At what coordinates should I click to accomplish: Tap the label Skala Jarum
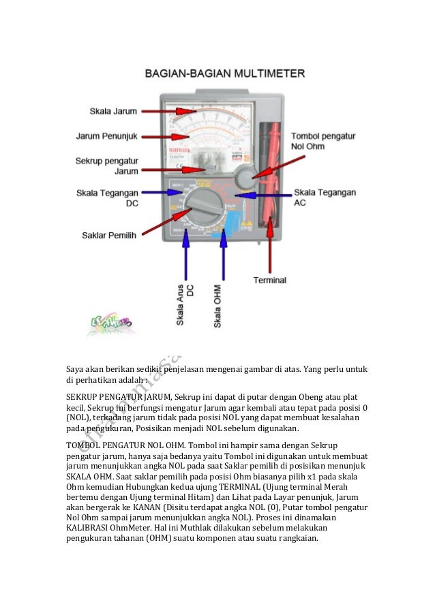[x=112, y=110]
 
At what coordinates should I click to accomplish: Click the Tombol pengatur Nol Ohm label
[x=324, y=141]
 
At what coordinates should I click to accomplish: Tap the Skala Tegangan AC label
[x=325, y=198]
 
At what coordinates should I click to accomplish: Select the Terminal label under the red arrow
[x=269, y=280]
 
